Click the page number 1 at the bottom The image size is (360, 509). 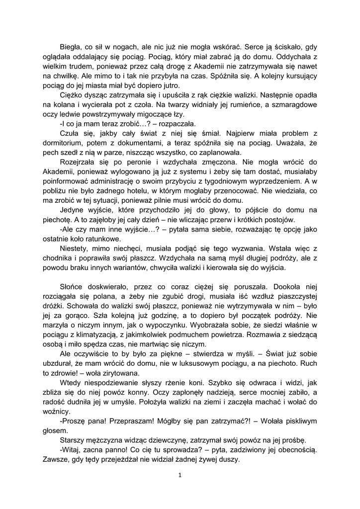180,475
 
